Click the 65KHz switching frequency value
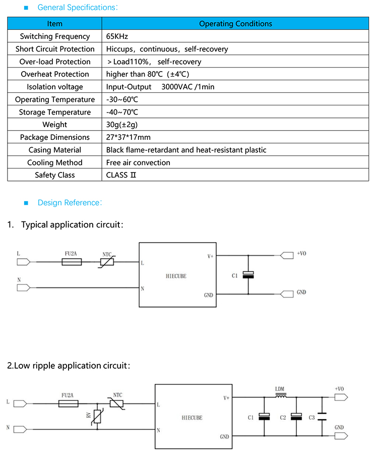coord(116,36)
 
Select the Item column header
coord(54,24)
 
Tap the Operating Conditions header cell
coord(235,24)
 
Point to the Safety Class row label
coord(54,175)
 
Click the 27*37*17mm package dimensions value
coord(128,137)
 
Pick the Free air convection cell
coord(138,162)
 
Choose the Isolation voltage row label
coord(54,87)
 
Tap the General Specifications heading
coord(78,8)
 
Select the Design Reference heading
coord(70,203)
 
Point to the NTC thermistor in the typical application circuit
coord(107,262)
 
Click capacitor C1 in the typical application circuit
coord(248,275)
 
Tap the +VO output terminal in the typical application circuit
coord(286,256)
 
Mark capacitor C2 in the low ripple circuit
coord(296,417)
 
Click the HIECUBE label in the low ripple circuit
coord(192,418)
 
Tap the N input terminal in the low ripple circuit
coord(21,429)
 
